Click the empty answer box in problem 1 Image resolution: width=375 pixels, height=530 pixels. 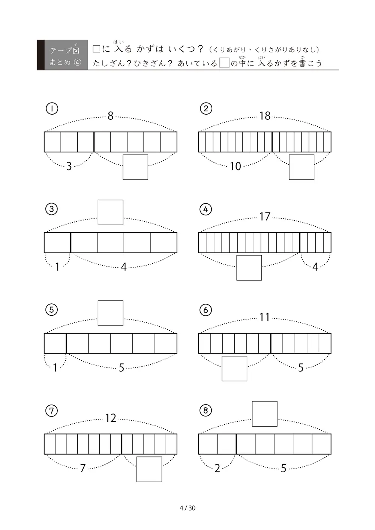pyautogui.click(x=135, y=167)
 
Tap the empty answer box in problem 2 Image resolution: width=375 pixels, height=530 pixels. pyautogui.click(x=301, y=167)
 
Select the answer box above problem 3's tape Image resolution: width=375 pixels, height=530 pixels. pyautogui.click(x=110, y=212)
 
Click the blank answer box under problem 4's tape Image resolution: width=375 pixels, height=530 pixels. pyautogui.click(x=249, y=267)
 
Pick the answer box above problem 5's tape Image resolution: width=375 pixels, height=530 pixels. pyautogui.click(x=110, y=313)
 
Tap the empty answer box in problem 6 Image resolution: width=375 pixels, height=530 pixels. pyautogui.click(x=234, y=369)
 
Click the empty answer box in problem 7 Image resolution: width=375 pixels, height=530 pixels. pyautogui.click(x=149, y=469)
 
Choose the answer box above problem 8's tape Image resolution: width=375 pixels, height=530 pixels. pyautogui.click(x=264, y=414)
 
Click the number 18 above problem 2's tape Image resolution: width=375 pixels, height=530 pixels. pyautogui.click(x=265, y=116)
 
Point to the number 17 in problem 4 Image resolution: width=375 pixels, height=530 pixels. pyautogui.click(x=265, y=216)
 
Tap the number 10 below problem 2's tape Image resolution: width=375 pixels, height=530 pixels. pyautogui.click(x=235, y=166)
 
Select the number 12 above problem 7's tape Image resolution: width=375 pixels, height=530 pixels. pyautogui.click(x=110, y=418)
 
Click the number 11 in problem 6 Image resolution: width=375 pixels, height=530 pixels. pyautogui.click(x=264, y=317)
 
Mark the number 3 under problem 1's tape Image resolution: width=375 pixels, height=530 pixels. pyautogui.click(x=69, y=166)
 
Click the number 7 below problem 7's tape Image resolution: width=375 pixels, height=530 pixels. pyautogui.click(x=82, y=468)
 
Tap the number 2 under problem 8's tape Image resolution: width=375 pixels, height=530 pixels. pyautogui.click(x=217, y=468)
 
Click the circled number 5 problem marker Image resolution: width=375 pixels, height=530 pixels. pyautogui.click(x=51, y=310)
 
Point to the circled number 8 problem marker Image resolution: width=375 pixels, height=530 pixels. pyautogui.click(x=205, y=411)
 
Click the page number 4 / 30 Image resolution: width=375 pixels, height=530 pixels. pyautogui.click(x=187, y=508)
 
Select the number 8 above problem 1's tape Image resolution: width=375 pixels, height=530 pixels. pyautogui.click(x=110, y=116)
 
